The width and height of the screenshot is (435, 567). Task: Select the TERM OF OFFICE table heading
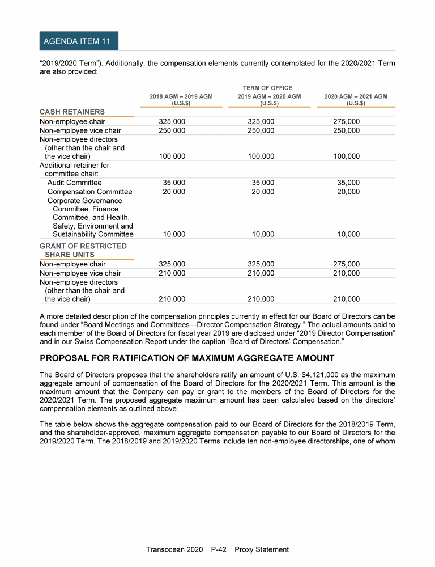click(x=268, y=88)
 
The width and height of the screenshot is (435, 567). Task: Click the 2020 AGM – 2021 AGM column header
click(x=356, y=100)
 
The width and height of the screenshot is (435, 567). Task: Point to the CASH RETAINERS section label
click(x=72, y=112)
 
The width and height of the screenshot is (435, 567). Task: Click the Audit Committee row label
click(x=74, y=183)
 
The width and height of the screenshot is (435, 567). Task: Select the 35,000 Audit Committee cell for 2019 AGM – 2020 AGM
click(x=262, y=183)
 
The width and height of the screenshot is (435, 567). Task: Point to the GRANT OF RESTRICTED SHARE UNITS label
click(x=83, y=250)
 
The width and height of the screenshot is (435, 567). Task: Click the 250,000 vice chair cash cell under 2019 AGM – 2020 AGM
click(x=262, y=130)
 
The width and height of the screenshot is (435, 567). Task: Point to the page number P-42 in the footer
click(x=219, y=549)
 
